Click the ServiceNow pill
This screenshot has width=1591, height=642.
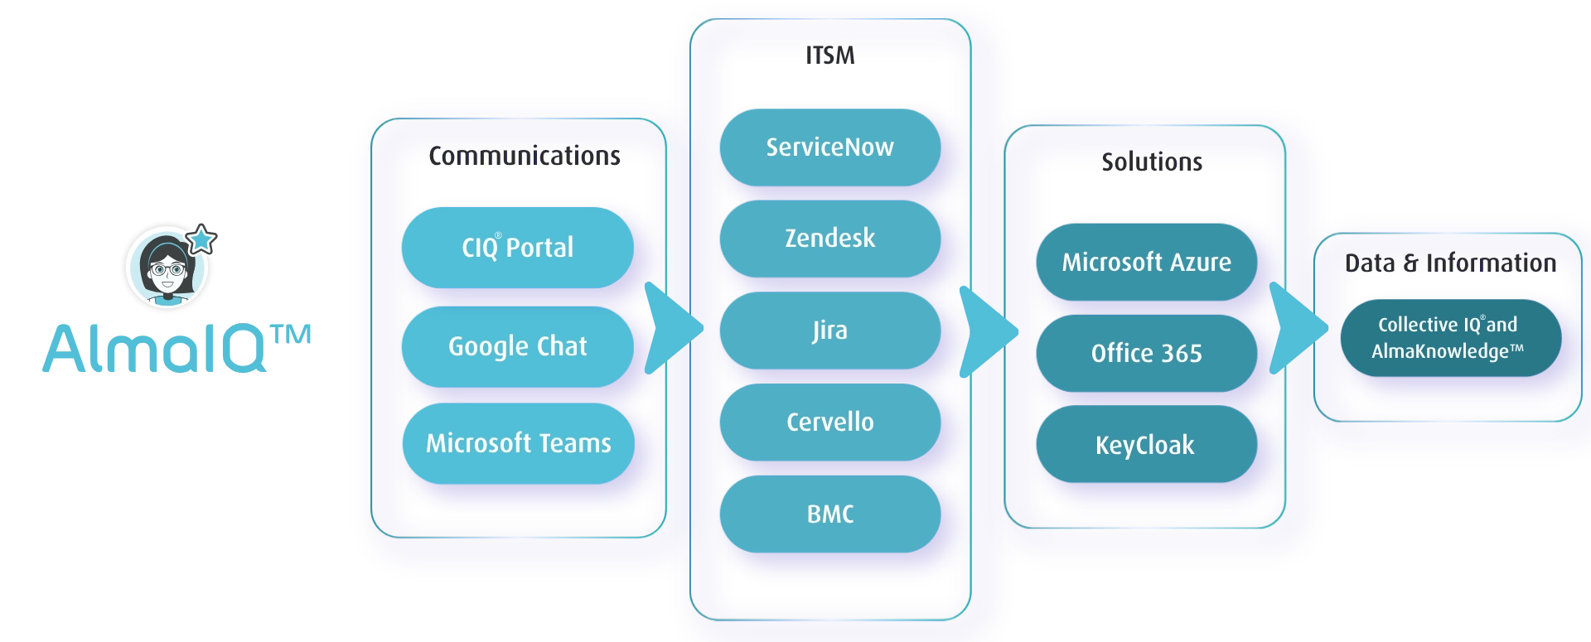point(830,147)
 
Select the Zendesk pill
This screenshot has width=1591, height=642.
point(830,239)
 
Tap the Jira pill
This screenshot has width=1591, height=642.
point(830,331)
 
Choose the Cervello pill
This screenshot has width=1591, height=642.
point(830,422)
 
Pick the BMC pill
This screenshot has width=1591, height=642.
point(830,514)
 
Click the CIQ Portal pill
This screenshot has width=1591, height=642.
point(518,248)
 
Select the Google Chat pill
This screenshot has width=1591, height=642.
point(518,346)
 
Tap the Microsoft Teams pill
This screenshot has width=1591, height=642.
point(519,443)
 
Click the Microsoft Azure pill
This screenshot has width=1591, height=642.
point(1147,262)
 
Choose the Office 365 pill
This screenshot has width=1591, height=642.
point(1147,353)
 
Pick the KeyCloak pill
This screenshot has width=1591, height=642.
point(1147,444)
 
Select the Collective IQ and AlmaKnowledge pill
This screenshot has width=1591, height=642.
point(1451,338)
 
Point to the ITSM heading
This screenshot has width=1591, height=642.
point(830,56)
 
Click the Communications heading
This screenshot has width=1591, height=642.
point(525,156)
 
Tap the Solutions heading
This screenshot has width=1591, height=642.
point(1152,162)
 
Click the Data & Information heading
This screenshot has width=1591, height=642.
point(1450,263)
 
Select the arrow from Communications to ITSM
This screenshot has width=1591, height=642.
point(672,329)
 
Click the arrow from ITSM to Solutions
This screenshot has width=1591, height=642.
point(987,331)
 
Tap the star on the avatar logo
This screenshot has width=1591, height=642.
point(201,239)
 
